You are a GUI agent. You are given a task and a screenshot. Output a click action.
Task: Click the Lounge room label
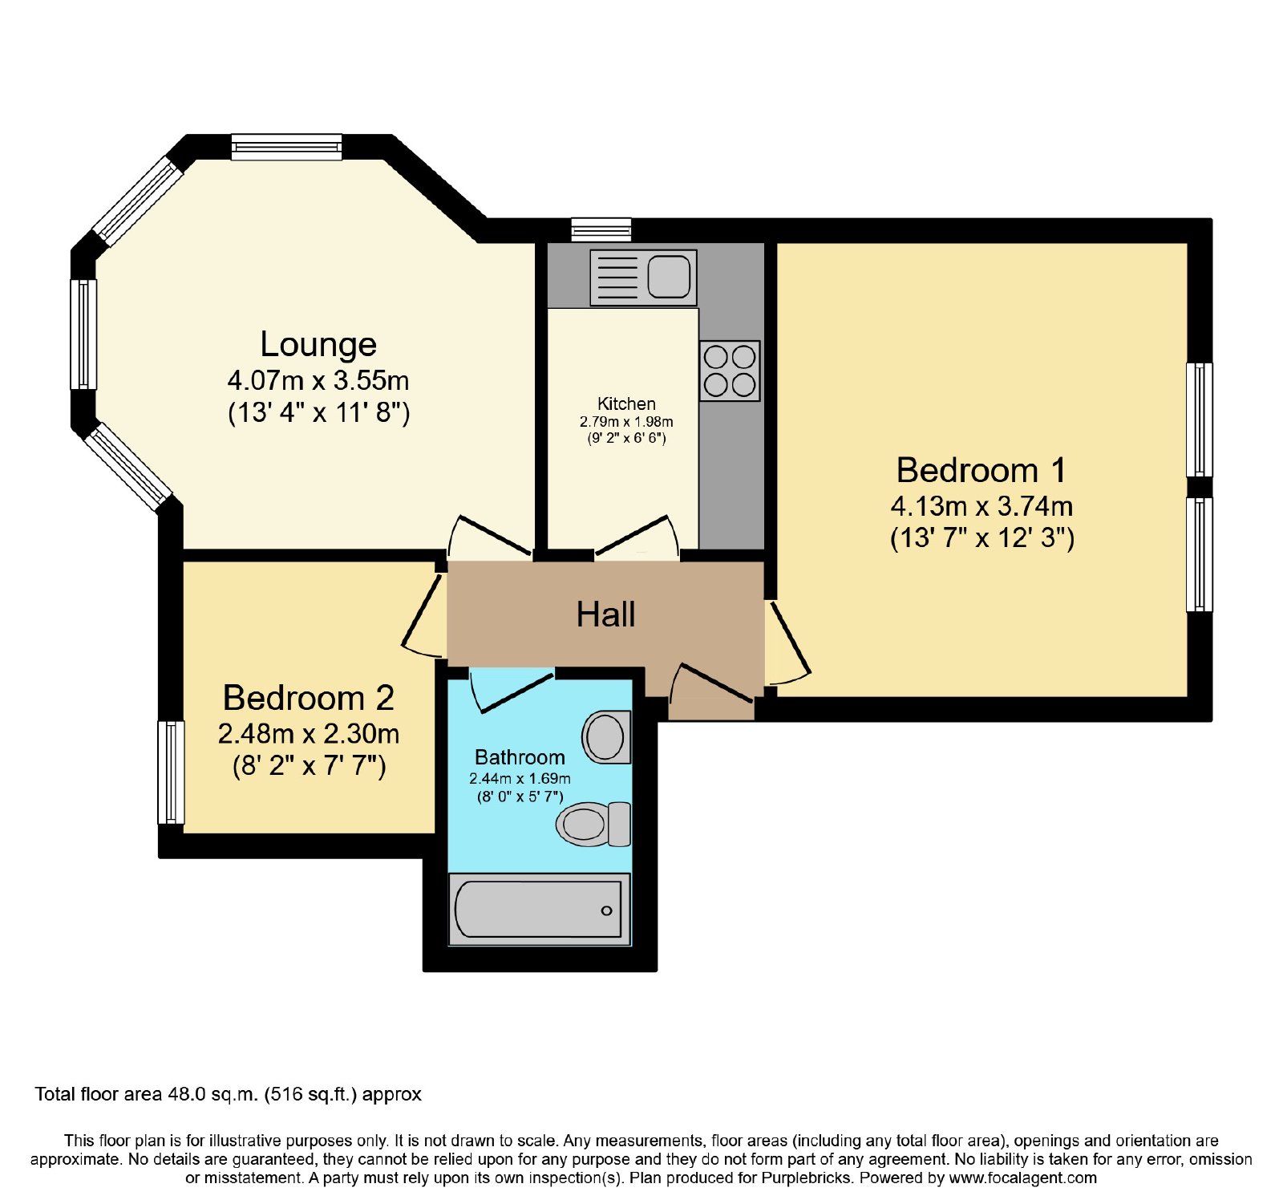[x=318, y=345]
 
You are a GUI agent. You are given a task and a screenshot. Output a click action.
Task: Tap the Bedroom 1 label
[x=981, y=470]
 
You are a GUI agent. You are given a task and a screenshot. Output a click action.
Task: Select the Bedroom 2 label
[x=309, y=698]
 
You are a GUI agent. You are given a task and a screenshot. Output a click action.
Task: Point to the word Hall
[x=606, y=614]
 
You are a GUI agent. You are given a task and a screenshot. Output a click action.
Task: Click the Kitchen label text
[x=626, y=403]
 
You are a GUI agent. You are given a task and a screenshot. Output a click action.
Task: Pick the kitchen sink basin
[x=669, y=277]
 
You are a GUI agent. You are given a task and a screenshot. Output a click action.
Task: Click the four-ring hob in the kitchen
[x=730, y=371]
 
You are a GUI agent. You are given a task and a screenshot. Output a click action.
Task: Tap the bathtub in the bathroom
[x=539, y=910]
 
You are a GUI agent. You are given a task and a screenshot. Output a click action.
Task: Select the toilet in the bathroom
[x=593, y=824]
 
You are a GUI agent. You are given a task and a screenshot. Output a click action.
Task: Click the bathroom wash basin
[x=606, y=736]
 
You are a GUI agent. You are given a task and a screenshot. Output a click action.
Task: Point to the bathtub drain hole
[x=606, y=910]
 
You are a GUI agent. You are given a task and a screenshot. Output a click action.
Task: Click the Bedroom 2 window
[x=171, y=772]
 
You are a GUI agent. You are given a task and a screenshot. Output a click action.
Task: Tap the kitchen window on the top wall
[x=601, y=230]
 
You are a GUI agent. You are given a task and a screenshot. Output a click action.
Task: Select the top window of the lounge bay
[x=287, y=147]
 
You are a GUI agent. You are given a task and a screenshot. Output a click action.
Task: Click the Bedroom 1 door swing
[x=788, y=644]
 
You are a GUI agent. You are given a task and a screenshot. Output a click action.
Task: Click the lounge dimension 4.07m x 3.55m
[x=318, y=380]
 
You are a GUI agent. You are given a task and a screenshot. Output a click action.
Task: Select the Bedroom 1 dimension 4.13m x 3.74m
[x=981, y=506]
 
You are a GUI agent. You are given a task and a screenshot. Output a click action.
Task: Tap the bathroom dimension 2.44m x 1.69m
[x=520, y=778]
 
